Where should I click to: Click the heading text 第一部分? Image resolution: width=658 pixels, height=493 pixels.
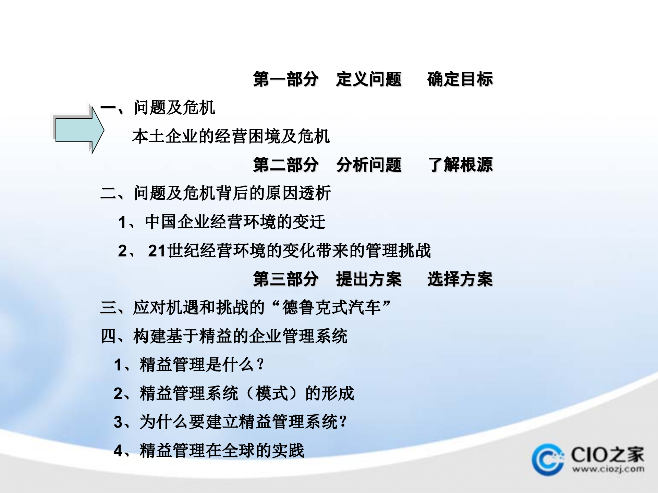click(x=285, y=79)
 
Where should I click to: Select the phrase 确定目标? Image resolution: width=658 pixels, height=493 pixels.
click(x=460, y=79)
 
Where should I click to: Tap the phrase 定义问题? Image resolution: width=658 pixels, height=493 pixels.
click(x=368, y=79)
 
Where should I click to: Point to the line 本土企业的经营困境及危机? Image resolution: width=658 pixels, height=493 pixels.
click(x=231, y=136)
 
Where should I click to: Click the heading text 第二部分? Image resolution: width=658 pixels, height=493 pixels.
click(x=285, y=165)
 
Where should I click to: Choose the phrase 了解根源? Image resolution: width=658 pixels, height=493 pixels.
click(x=460, y=165)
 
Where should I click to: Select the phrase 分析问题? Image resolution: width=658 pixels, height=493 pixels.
click(x=368, y=165)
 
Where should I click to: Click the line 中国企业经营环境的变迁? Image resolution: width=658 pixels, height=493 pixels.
click(x=235, y=222)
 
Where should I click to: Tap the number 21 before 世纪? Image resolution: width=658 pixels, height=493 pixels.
click(x=157, y=251)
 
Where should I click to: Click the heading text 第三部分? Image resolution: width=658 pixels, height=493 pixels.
click(x=285, y=279)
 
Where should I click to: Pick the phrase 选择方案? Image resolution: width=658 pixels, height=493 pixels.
click(x=460, y=279)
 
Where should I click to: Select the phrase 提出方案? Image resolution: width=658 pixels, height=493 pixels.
click(x=368, y=279)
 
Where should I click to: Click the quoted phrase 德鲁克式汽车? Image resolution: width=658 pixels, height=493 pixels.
click(x=331, y=307)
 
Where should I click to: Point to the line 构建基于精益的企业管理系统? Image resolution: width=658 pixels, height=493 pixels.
click(x=240, y=336)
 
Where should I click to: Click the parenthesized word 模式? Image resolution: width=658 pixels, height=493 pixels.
click(x=271, y=393)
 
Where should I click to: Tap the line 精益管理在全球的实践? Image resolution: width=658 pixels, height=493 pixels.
click(x=222, y=451)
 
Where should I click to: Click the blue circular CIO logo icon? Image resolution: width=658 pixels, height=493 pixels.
click(x=548, y=459)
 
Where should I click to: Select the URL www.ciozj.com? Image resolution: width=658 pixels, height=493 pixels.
click(x=608, y=469)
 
